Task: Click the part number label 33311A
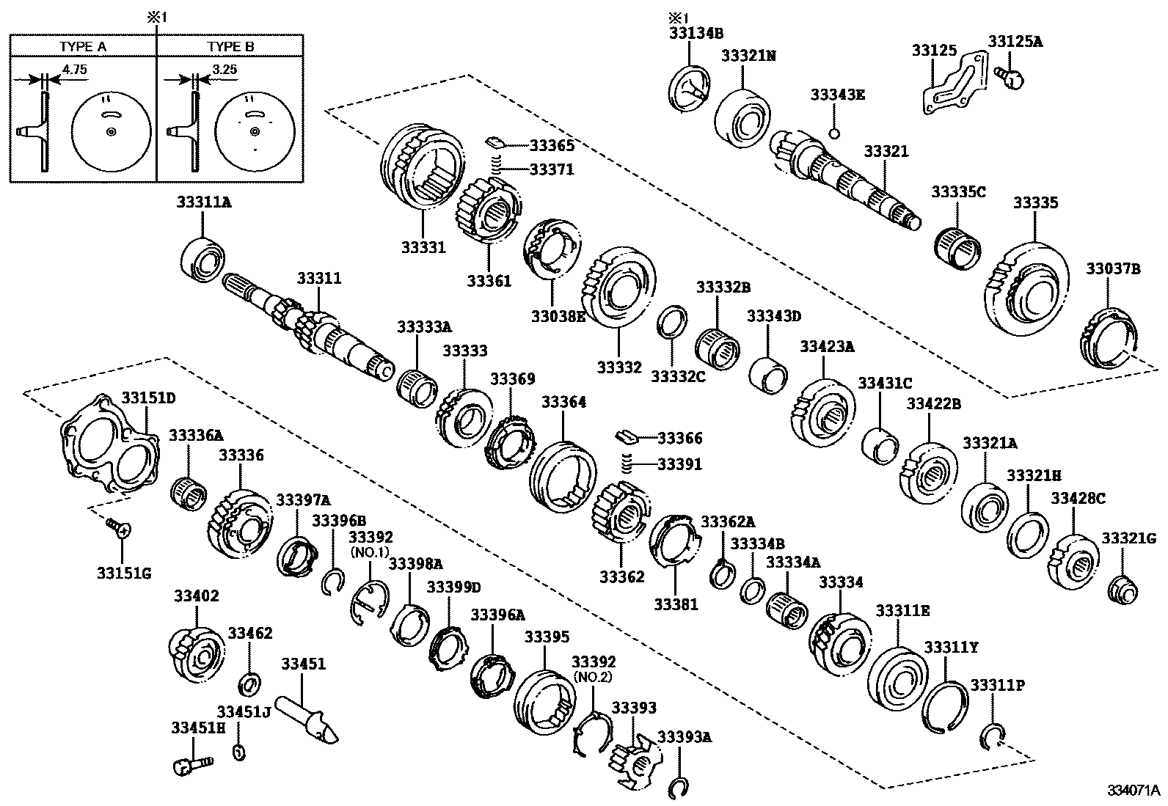pos(202,203)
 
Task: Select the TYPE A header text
pos(83,46)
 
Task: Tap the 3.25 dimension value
pos(225,68)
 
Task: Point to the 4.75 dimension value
pos(75,68)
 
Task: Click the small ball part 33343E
pos(834,133)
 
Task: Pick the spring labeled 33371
pos(496,169)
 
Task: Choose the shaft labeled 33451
pos(307,716)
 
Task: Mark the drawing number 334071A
pos(1133,791)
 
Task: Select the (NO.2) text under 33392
pos(592,677)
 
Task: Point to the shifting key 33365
pos(494,140)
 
